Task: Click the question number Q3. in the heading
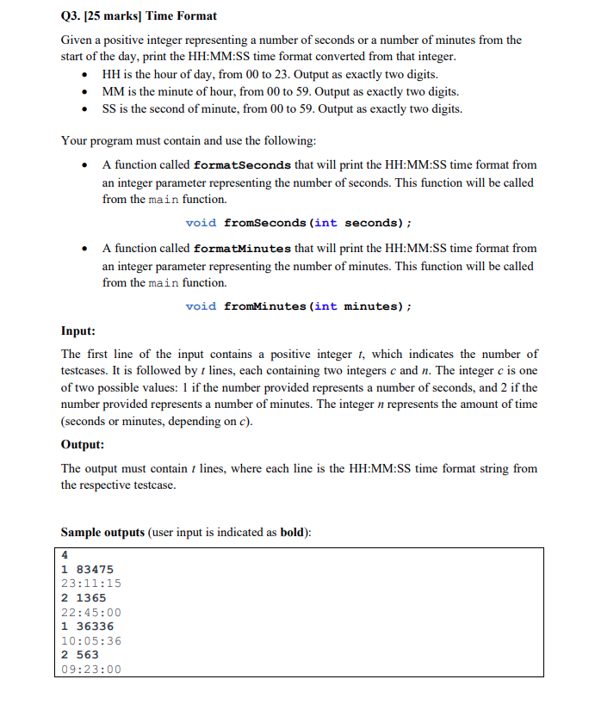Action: click(73, 15)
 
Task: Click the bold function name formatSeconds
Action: click(243, 165)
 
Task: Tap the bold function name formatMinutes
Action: click(243, 249)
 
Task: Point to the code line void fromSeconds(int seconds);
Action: click(298, 223)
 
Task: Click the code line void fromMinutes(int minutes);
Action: click(298, 306)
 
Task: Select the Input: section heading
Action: click(78, 331)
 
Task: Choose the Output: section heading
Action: click(83, 445)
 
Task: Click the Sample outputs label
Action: click(102, 533)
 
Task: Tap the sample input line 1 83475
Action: click(87, 569)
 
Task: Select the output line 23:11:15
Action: click(90, 584)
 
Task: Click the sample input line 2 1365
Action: click(84, 597)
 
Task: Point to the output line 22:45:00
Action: click(90, 612)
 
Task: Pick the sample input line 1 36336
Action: click(87, 627)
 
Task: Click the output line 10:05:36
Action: click(90, 640)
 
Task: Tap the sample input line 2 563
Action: click(80, 654)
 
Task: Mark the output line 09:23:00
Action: click(90, 669)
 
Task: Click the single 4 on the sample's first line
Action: click(65, 555)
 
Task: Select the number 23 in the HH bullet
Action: click(281, 75)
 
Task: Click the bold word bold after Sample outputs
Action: click(294, 533)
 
